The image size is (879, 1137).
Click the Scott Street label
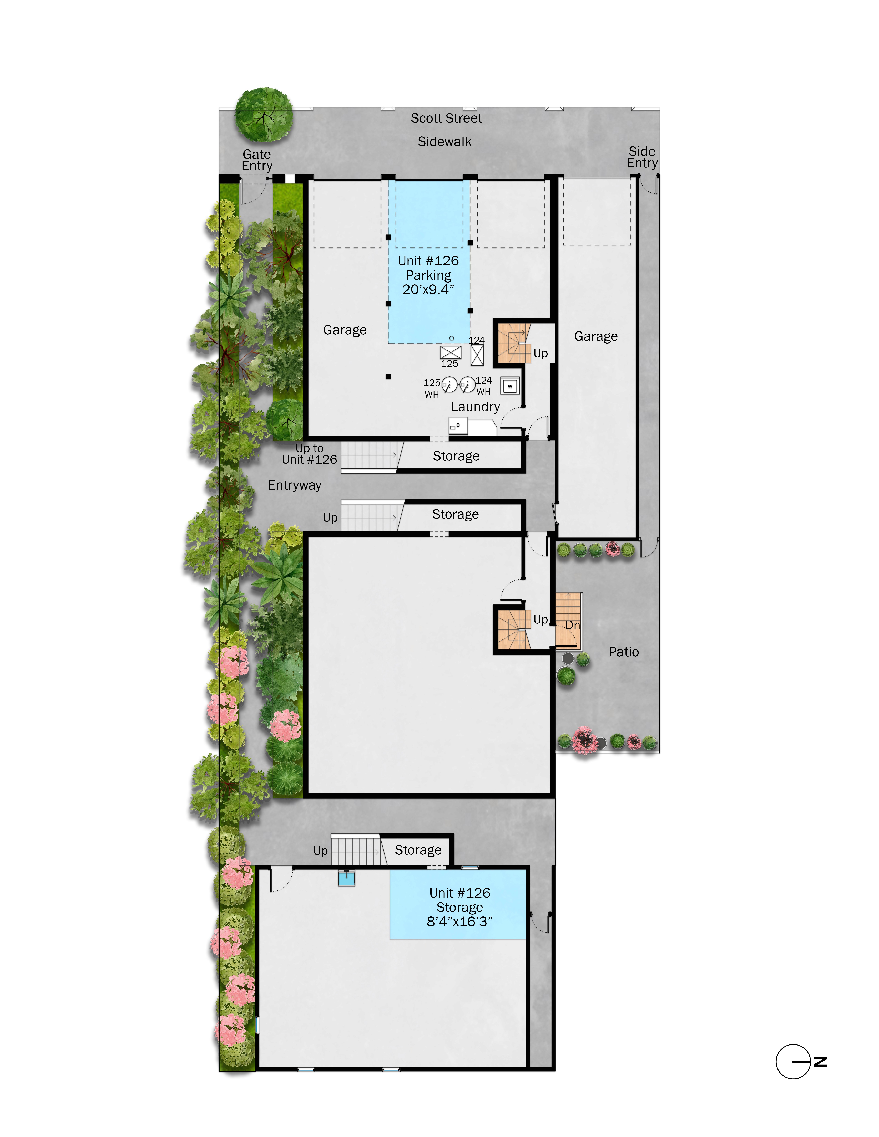(x=446, y=118)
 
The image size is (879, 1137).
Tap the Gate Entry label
(x=257, y=160)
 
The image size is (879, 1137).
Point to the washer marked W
(x=510, y=386)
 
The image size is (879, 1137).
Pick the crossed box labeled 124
(x=477, y=355)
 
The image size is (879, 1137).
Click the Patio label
(x=623, y=652)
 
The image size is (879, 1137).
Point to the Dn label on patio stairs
(x=572, y=625)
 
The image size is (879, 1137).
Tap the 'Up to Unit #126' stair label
(x=310, y=454)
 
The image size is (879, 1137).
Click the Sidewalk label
(x=444, y=142)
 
